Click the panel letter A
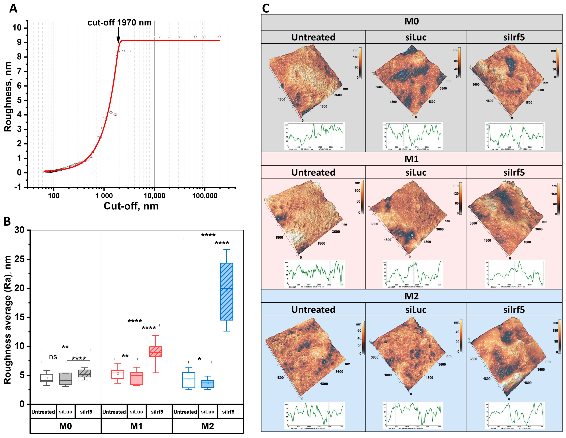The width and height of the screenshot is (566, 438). click(13, 9)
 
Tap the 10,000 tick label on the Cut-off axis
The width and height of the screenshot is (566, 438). click(154, 196)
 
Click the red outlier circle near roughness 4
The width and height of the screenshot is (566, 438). click(115, 114)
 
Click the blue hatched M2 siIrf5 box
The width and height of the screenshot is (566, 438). click(227, 292)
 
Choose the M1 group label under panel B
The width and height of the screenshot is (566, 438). click(136, 426)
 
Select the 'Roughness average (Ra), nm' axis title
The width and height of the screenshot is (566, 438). click(8, 319)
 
